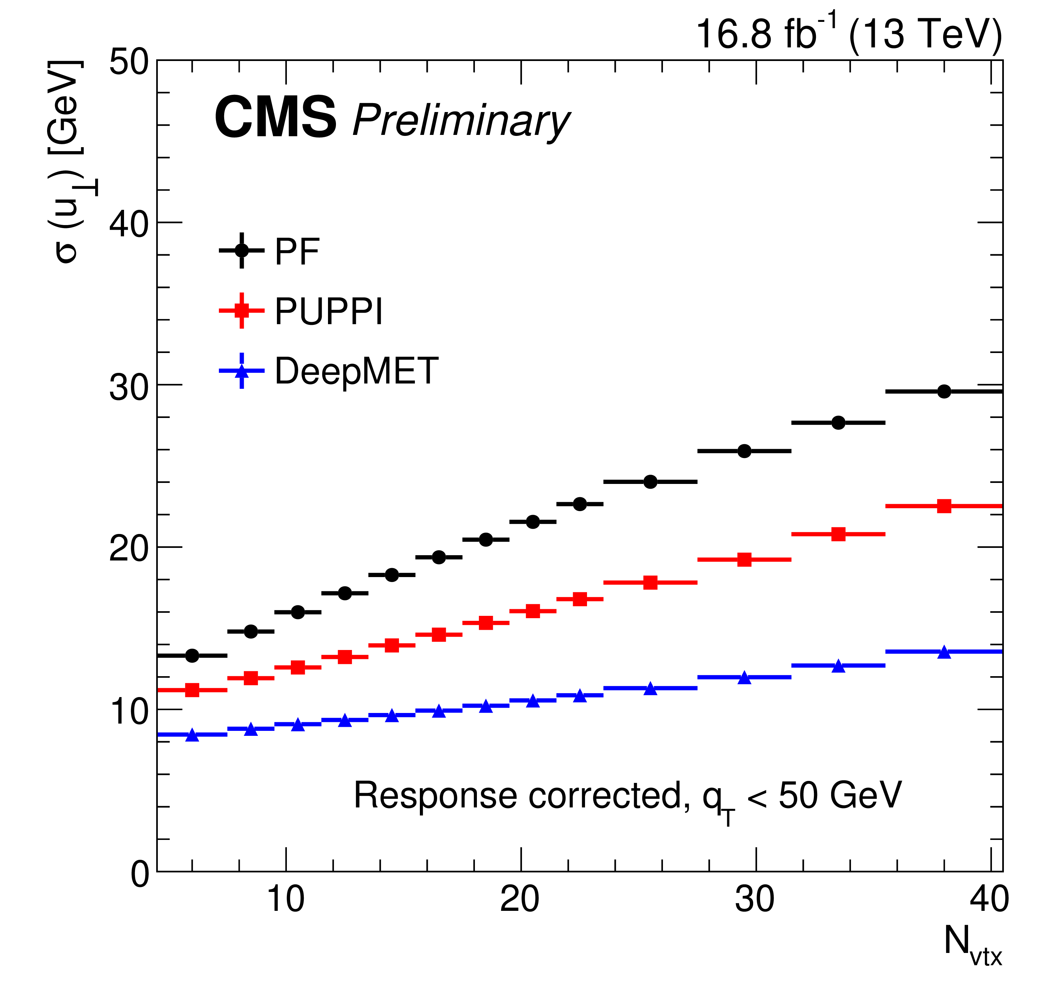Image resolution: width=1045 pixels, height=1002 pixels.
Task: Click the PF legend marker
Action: tap(241, 251)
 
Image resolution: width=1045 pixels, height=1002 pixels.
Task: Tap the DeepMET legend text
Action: tap(356, 371)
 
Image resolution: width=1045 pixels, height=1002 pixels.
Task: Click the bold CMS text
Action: tap(275, 118)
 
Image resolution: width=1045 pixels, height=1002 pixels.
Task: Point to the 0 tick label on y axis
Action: tap(140, 875)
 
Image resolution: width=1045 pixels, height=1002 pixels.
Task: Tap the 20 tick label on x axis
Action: tap(520, 899)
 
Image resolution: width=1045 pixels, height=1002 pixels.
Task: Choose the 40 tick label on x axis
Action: tap(989, 899)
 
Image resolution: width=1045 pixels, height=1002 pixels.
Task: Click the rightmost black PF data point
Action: tap(944, 391)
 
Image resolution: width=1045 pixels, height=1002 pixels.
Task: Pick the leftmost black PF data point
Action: tap(192, 656)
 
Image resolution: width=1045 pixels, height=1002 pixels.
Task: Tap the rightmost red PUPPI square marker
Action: tap(944, 506)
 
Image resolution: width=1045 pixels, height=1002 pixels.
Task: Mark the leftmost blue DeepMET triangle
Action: tap(192, 735)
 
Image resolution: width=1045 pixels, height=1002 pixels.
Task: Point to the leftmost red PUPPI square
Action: tap(192, 690)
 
